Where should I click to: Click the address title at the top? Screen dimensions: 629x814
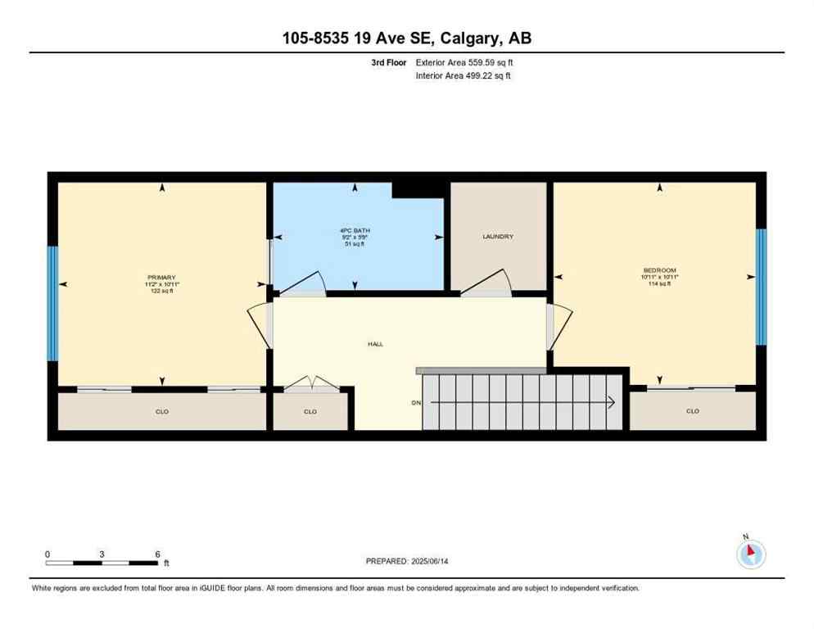(x=407, y=38)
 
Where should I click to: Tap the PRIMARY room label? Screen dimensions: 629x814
(x=161, y=278)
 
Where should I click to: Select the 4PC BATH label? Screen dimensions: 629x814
(x=355, y=231)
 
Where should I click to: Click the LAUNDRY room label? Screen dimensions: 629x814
(x=497, y=237)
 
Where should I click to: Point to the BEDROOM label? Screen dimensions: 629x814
(x=659, y=270)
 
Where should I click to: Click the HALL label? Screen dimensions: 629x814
(x=375, y=344)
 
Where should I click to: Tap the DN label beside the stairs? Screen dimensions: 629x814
(x=416, y=403)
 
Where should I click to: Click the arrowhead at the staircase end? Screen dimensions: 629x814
(x=611, y=402)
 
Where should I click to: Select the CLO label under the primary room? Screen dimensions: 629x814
(x=161, y=411)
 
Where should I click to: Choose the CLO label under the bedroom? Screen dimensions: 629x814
(x=693, y=411)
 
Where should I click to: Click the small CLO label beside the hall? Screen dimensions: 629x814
(x=310, y=411)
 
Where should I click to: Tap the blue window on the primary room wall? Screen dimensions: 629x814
(x=52, y=303)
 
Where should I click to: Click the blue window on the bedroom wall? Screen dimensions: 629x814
(x=761, y=287)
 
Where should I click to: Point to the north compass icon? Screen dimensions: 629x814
(x=750, y=554)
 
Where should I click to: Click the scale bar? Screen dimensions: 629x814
(x=102, y=563)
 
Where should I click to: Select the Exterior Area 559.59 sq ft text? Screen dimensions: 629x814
(x=464, y=62)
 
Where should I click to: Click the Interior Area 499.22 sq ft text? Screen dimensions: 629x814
(x=464, y=76)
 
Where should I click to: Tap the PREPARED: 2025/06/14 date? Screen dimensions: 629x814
(x=407, y=561)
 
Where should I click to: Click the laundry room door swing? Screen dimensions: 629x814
(x=489, y=283)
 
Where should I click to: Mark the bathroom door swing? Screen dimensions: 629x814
(x=305, y=283)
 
